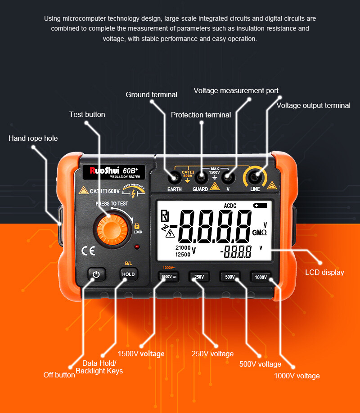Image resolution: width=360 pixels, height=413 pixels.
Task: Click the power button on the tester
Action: pyautogui.click(x=95, y=274)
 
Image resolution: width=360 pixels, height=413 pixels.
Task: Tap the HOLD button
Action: pyautogui.click(x=128, y=274)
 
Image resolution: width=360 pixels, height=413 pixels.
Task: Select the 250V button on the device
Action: pyautogui.click(x=198, y=277)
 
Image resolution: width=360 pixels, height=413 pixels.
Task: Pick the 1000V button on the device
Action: pyautogui.click(x=261, y=277)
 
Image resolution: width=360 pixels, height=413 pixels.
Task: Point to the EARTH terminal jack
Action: pyautogui.click(x=174, y=177)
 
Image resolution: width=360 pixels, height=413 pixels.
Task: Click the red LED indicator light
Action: pyautogui.click(x=137, y=247)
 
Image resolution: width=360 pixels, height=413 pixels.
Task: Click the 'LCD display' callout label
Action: pyautogui.click(x=324, y=272)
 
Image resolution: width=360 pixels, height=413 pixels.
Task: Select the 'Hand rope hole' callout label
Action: pyautogui.click(x=33, y=138)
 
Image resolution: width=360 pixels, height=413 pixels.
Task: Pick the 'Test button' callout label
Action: pyautogui.click(x=87, y=114)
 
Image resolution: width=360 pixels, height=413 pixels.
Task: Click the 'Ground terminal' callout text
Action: pyautogui.click(x=151, y=94)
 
